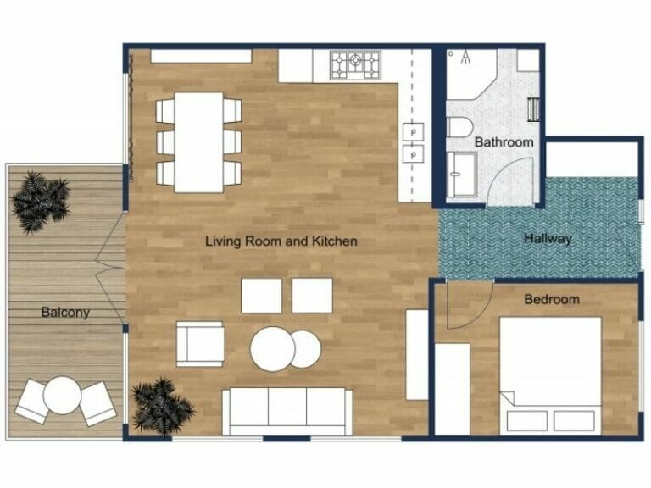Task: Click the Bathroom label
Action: pos(504,142)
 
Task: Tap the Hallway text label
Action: pos(548,239)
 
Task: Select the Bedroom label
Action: pos(552,299)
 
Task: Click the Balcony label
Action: pos(65,313)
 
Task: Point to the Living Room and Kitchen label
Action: pos(281,241)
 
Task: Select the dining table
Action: pos(199,141)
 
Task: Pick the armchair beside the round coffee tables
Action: pos(200,345)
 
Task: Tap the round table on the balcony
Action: pos(64,395)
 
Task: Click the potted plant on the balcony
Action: pos(40,201)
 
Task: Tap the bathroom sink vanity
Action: pos(463,175)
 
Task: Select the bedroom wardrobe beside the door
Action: pos(452,389)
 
